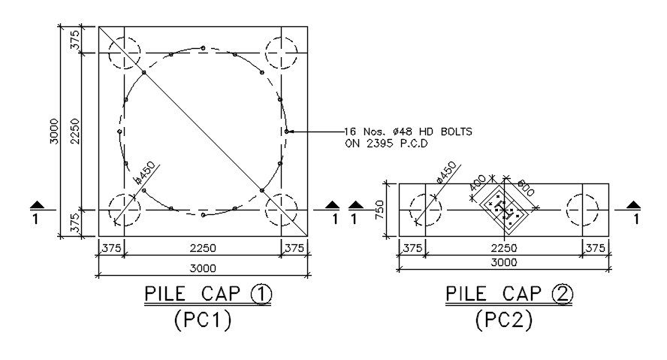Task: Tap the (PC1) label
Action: [x=202, y=321]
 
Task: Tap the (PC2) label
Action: [x=504, y=321]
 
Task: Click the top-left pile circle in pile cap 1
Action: [x=125, y=53]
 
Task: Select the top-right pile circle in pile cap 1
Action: [x=281, y=53]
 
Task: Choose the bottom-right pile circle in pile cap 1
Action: [x=281, y=209]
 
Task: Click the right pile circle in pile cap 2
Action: [x=583, y=210]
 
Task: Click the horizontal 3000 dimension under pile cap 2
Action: [x=504, y=263]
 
